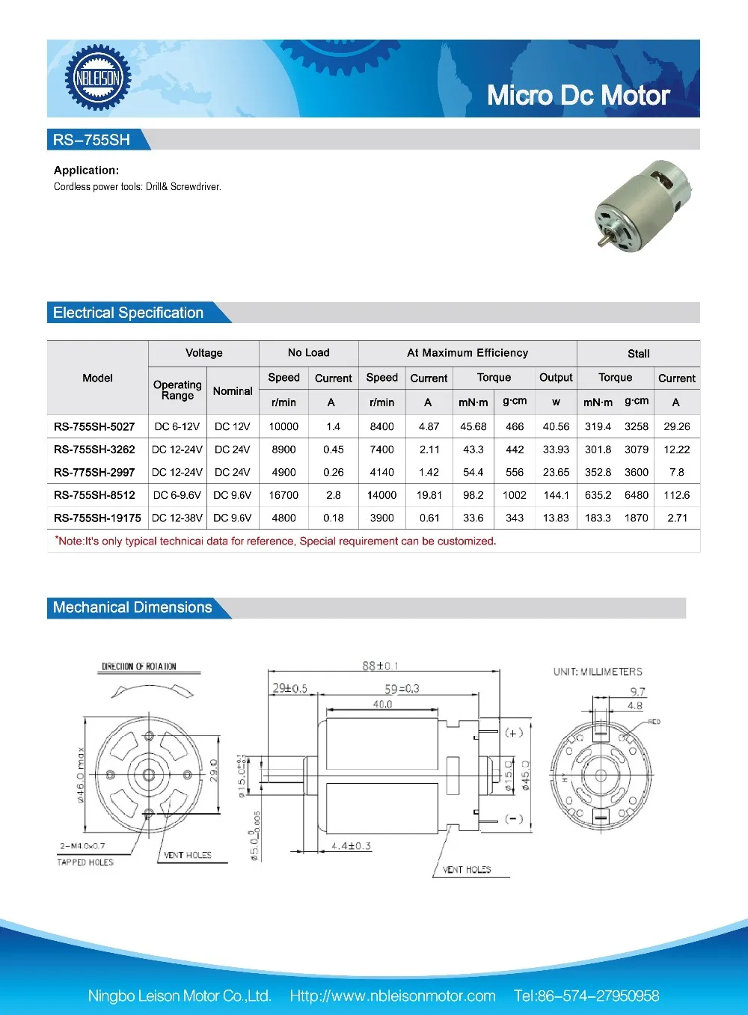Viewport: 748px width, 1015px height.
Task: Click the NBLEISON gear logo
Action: tap(97, 78)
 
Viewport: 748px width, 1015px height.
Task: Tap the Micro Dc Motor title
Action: tap(577, 96)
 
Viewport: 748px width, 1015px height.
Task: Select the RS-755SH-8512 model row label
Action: tap(94, 495)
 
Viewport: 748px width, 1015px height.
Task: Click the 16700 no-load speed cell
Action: tap(283, 495)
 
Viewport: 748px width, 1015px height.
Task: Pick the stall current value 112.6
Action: tap(676, 495)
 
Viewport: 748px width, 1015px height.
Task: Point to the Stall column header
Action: tap(638, 354)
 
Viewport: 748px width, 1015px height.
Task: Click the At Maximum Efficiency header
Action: tap(467, 353)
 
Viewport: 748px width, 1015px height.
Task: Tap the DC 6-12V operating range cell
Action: tap(177, 426)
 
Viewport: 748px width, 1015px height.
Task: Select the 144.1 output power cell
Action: tap(556, 495)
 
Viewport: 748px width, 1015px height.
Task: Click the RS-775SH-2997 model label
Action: tap(94, 472)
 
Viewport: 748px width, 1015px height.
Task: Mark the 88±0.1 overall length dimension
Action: tap(380, 666)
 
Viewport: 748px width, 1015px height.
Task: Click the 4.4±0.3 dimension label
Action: tap(351, 846)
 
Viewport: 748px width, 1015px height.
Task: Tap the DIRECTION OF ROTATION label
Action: tap(139, 666)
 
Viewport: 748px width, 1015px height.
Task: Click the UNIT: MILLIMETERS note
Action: tap(598, 672)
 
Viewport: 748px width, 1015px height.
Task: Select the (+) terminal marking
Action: tap(514, 732)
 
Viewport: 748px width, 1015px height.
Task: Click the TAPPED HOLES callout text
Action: tap(85, 862)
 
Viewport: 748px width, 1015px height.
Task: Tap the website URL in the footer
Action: tap(393, 996)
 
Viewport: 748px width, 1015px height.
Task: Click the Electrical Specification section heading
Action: tap(128, 313)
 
